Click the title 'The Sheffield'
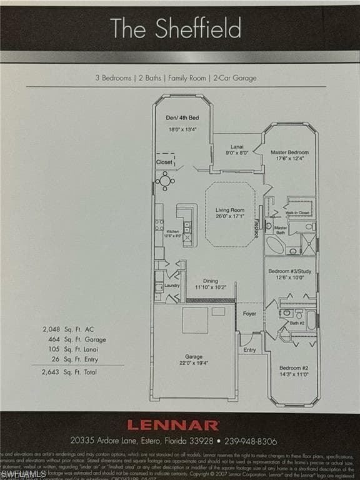176,28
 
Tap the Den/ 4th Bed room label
182,118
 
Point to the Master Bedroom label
289,152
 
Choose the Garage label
193,357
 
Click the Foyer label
249,314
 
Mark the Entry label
249,350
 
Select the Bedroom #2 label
292,368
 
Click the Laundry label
172,286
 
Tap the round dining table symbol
165,181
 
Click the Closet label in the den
164,162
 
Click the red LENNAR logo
173,425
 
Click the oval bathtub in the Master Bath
274,244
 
